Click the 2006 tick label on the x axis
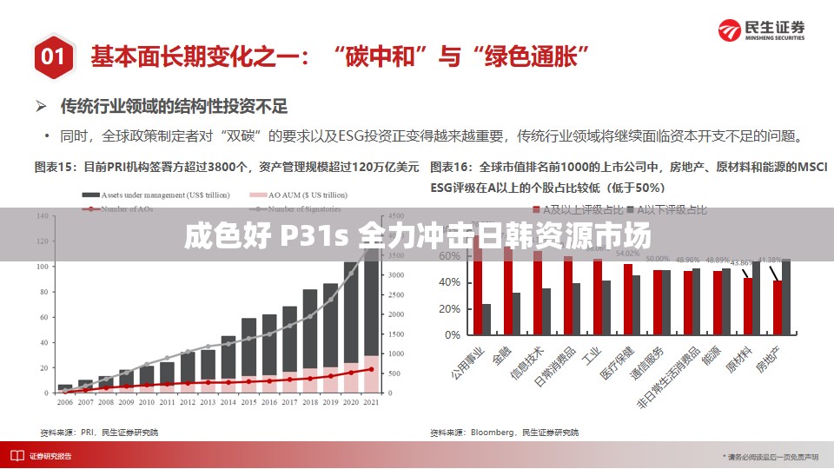coord(65,403)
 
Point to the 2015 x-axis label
coord(249,403)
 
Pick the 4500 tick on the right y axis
coord(396,216)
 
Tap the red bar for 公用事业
coord(477,287)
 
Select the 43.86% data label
coord(741,262)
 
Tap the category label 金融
coord(501,356)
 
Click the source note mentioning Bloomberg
coord(504,432)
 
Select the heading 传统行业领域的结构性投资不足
coord(173,107)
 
